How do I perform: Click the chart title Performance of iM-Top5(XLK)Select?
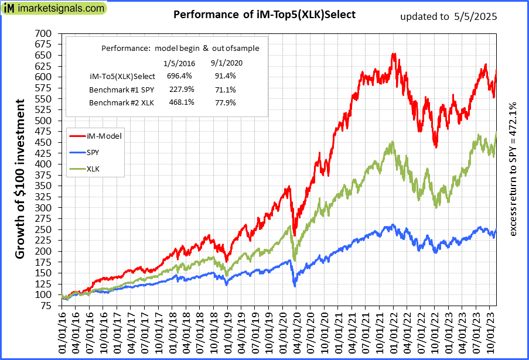click(x=264, y=15)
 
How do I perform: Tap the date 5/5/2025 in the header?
click(x=475, y=16)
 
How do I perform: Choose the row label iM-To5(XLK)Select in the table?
click(x=122, y=76)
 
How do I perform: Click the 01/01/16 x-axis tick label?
click(x=62, y=332)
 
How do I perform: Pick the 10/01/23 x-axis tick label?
click(x=488, y=332)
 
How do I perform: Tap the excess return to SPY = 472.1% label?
click(x=514, y=170)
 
